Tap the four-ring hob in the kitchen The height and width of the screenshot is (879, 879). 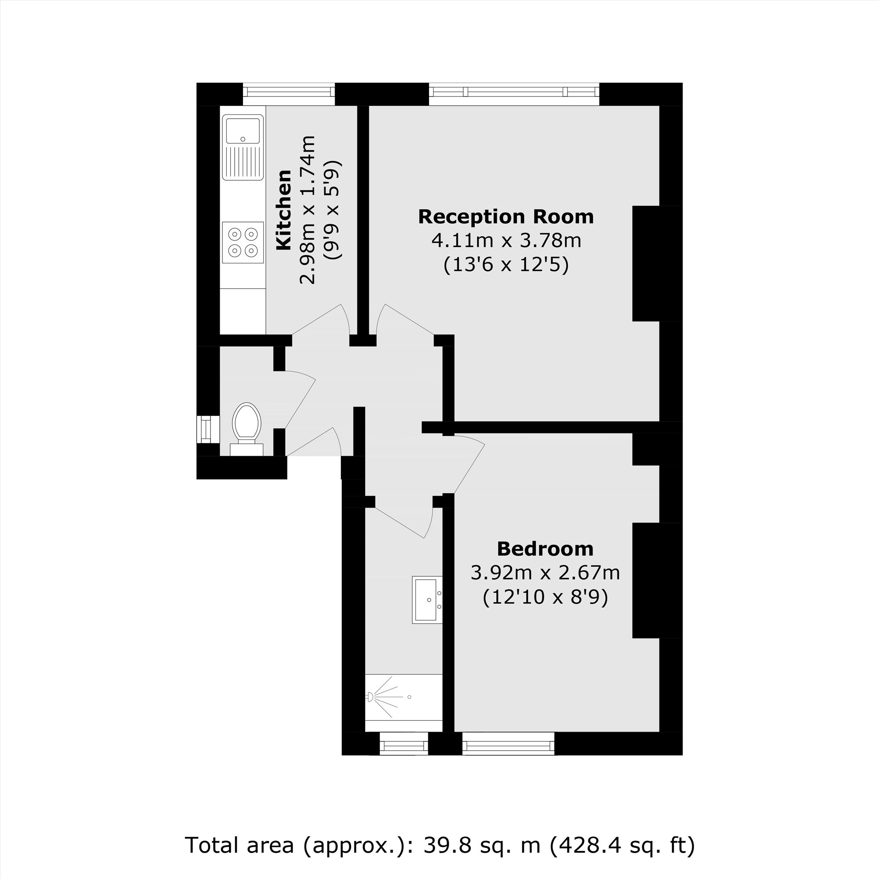click(243, 242)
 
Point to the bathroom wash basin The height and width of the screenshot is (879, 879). click(427, 599)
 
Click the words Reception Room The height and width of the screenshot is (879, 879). click(506, 217)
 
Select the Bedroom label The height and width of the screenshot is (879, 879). click(545, 549)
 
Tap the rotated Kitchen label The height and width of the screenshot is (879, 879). click(284, 210)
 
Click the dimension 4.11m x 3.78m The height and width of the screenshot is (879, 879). click(506, 240)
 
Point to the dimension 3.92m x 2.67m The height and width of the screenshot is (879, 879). click(545, 573)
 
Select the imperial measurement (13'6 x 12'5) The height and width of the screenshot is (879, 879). click(506, 265)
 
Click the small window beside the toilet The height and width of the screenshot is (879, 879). click(207, 429)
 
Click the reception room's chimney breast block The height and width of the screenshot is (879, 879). click(646, 263)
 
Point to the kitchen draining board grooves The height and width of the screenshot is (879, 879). click(243, 161)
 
